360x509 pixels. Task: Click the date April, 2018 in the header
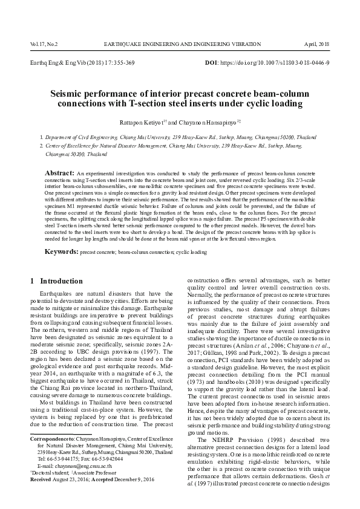click(x=316, y=44)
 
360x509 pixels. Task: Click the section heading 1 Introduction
click(x=56, y=281)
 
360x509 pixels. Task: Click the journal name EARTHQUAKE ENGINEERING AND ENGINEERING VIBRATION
click(x=182, y=44)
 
